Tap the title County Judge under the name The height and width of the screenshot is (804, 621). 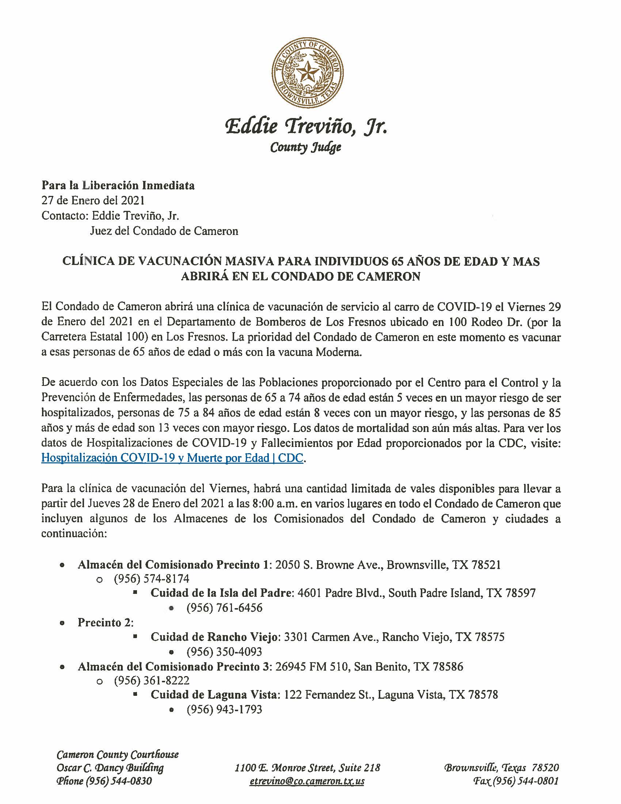(305, 148)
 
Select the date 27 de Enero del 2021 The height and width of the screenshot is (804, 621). (93, 200)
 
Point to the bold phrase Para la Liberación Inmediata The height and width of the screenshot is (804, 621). (118, 185)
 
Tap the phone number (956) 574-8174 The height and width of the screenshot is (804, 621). (152, 579)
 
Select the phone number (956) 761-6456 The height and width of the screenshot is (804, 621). (224, 607)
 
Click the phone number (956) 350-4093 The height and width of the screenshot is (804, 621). (224, 652)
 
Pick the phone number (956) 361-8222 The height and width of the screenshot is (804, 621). (152, 680)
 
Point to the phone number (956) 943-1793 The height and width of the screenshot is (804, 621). (224, 709)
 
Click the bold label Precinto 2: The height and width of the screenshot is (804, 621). (105, 622)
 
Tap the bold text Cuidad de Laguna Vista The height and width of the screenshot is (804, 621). (213, 695)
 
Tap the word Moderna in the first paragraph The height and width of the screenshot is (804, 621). (339, 352)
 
